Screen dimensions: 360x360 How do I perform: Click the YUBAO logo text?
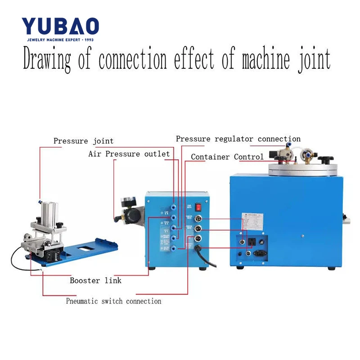(60, 27)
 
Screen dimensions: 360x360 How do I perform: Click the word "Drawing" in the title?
(47, 60)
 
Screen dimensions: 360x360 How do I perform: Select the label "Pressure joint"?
(83, 141)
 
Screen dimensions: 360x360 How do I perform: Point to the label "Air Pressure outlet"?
(129, 154)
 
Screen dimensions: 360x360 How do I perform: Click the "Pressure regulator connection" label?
(238, 139)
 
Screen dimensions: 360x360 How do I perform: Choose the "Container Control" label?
(227, 157)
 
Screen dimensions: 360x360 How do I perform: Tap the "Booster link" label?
(95, 281)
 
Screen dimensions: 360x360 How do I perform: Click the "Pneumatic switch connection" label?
(113, 301)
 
